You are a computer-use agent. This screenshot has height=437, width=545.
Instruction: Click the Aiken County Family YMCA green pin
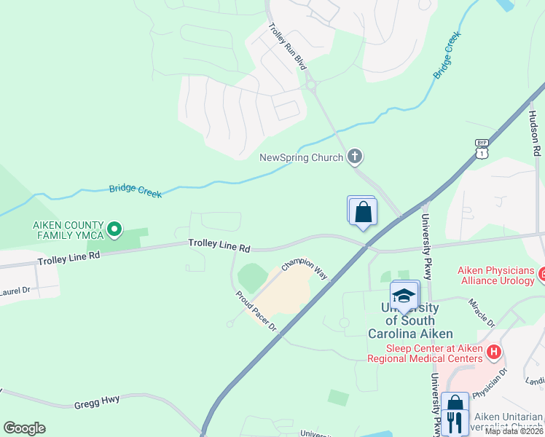(x=114, y=230)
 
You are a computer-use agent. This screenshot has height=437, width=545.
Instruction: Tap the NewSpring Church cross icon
(x=355, y=156)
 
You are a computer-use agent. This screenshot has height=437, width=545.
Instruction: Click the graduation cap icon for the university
(x=404, y=296)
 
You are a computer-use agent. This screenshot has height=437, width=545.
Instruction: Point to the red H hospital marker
(x=495, y=352)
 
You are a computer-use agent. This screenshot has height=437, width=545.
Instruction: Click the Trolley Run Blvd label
(x=287, y=46)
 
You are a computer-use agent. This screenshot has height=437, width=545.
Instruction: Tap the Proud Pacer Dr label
(x=256, y=311)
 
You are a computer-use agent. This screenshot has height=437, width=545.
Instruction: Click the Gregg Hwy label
(x=96, y=402)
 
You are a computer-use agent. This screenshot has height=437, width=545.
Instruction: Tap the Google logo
(x=24, y=428)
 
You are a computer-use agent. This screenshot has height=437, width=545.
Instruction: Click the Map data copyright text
(x=513, y=431)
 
